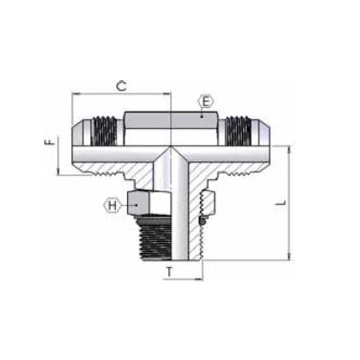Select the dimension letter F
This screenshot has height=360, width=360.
point(51,141)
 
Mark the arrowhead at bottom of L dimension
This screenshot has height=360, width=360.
point(288,258)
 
